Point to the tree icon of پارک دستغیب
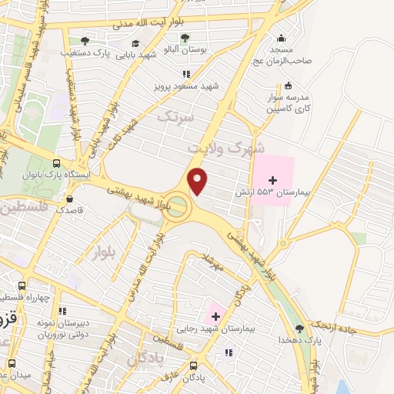click(x=85, y=41)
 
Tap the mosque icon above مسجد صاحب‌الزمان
click(x=281, y=38)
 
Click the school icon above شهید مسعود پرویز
click(x=185, y=74)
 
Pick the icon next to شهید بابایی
click(x=136, y=44)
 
